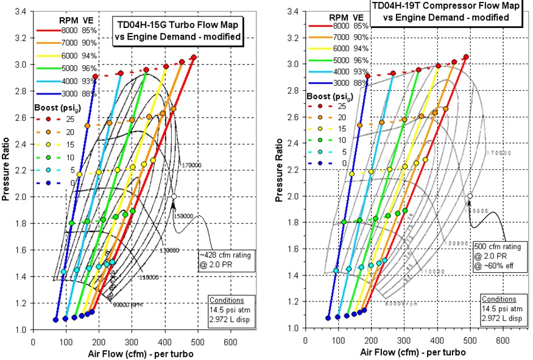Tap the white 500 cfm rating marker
click(x=470, y=197)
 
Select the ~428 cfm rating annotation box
click(x=227, y=260)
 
